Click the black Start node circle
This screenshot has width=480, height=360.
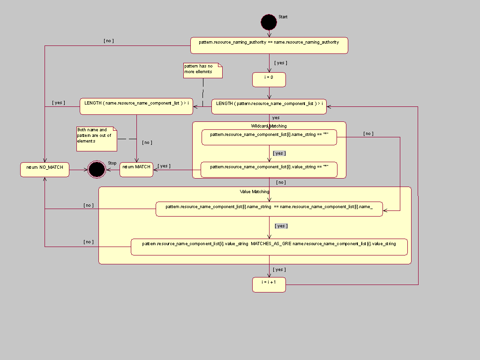(x=269, y=22)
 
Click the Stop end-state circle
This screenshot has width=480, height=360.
(x=97, y=169)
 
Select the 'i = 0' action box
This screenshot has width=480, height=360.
(x=269, y=80)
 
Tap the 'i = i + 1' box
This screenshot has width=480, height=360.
(x=269, y=285)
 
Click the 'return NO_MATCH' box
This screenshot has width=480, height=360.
(x=45, y=170)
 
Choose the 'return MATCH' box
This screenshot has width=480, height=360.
(x=136, y=170)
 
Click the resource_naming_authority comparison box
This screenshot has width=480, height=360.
(x=269, y=45)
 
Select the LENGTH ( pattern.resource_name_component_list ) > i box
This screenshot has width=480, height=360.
(x=269, y=106)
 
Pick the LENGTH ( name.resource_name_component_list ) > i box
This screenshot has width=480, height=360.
(x=136, y=106)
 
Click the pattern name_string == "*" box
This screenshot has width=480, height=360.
(x=269, y=137)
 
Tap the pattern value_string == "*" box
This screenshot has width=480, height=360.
(x=269, y=170)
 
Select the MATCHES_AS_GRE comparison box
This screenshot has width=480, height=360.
(x=269, y=247)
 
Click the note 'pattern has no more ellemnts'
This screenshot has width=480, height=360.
(x=202, y=70)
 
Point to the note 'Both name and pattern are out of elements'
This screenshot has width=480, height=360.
(x=96, y=139)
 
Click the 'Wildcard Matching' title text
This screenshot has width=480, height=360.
(x=269, y=126)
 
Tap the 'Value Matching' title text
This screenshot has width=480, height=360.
(x=255, y=191)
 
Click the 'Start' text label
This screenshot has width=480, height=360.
(x=283, y=17)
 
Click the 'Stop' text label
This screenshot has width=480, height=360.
(x=112, y=163)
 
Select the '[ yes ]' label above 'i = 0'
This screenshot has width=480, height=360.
(x=280, y=63)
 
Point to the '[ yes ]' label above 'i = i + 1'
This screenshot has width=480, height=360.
(x=279, y=270)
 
